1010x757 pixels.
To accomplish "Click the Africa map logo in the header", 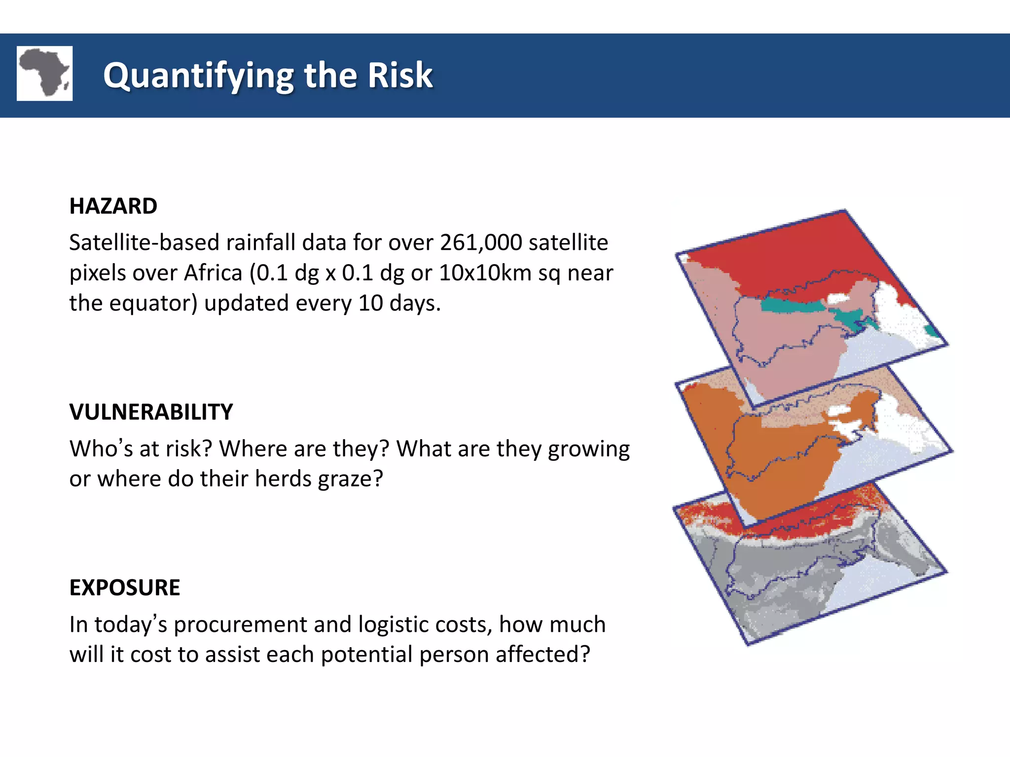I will point(44,73).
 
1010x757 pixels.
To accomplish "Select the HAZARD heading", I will point(113,206).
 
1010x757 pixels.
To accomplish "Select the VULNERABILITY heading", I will point(151,412).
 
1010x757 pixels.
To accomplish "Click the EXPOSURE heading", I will point(124,587).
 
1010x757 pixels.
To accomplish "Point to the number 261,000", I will point(481,242).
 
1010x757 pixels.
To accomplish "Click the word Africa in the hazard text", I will point(213,273).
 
